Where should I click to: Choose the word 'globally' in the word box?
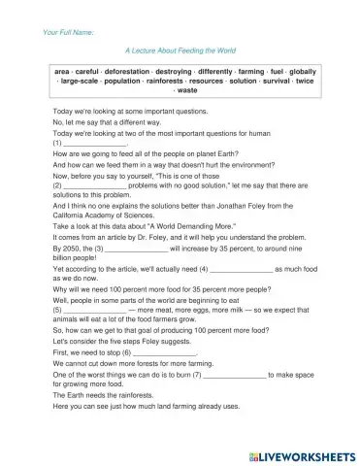(307, 72)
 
